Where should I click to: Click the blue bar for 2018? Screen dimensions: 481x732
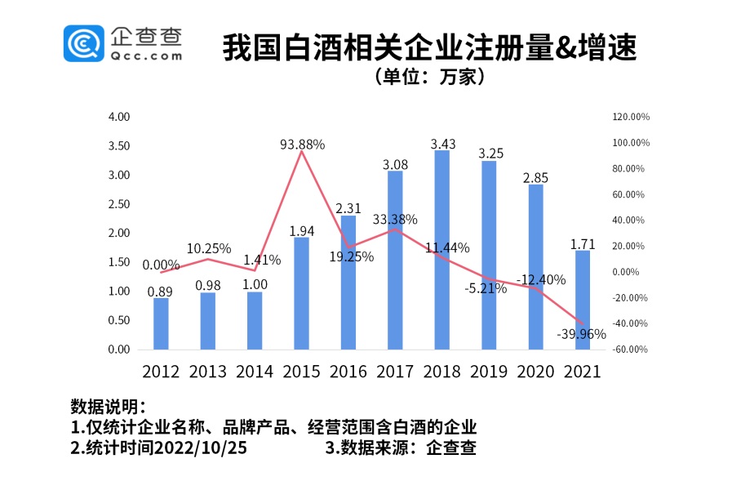click(441, 250)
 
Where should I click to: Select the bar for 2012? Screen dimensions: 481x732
click(161, 323)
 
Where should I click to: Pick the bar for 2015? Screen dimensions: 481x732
click(301, 293)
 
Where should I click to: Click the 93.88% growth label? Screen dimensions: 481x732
click(302, 144)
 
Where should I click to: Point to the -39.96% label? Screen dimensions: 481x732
click(580, 334)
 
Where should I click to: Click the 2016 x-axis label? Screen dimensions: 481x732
click(348, 372)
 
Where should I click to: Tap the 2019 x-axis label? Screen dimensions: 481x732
click(489, 372)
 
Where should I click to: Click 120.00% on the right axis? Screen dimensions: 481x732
click(631, 117)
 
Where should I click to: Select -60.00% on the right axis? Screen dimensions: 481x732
click(631, 350)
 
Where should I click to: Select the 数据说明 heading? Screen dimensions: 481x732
click(109, 407)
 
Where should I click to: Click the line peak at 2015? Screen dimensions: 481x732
click(302, 151)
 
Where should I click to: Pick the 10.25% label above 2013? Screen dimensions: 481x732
click(208, 247)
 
